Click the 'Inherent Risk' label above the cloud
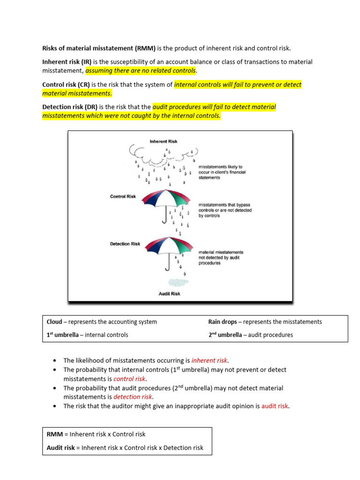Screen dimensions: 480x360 click(163, 141)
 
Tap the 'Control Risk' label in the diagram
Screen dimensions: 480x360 click(123, 196)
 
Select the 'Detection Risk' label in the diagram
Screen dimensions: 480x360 click(125, 244)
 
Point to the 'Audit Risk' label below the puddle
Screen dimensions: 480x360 click(169, 294)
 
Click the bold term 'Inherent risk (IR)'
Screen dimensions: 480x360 click(67, 62)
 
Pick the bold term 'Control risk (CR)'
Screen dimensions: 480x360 click(66, 85)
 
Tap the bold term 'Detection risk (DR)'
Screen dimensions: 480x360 click(70, 107)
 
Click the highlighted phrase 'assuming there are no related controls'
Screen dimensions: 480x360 click(140, 71)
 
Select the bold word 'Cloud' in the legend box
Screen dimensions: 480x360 click(54, 322)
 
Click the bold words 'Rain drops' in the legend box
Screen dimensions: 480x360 click(224, 322)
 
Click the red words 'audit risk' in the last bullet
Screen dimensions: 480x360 click(275, 406)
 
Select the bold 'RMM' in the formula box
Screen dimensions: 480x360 click(55, 435)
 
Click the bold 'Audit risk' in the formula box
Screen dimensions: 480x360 click(61, 448)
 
